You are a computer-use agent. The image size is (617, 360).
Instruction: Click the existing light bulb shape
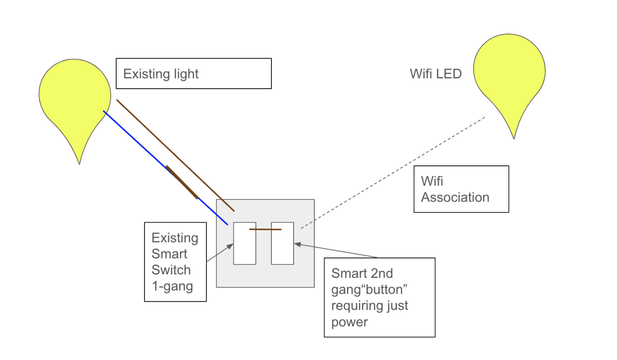[74, 96]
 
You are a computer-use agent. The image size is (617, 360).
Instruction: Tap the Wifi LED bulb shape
[509, 73]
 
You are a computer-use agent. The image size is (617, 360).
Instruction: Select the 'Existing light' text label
[161, 74]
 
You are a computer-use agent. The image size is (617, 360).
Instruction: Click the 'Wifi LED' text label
[435, 74]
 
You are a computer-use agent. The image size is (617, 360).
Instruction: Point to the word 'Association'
[455, 197]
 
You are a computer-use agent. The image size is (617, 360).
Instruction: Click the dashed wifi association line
[393, 173]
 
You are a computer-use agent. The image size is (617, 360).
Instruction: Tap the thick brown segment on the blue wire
[182, 182]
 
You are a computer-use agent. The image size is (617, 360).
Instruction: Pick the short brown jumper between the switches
[265, 229]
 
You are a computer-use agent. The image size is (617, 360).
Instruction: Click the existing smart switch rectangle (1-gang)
[244, 247]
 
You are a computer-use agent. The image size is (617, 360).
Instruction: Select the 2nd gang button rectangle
[282, 247]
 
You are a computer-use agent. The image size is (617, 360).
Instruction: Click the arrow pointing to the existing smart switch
[220, 253]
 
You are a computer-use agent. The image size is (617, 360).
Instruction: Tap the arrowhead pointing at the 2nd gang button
[297, 244]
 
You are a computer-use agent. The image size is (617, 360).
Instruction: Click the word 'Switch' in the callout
[171, 270]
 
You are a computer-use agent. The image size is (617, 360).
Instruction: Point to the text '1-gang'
[172, 286]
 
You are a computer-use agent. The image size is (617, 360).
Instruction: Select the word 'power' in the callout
[349, 322]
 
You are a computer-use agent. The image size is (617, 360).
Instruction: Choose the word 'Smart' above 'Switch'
[169, 254]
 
